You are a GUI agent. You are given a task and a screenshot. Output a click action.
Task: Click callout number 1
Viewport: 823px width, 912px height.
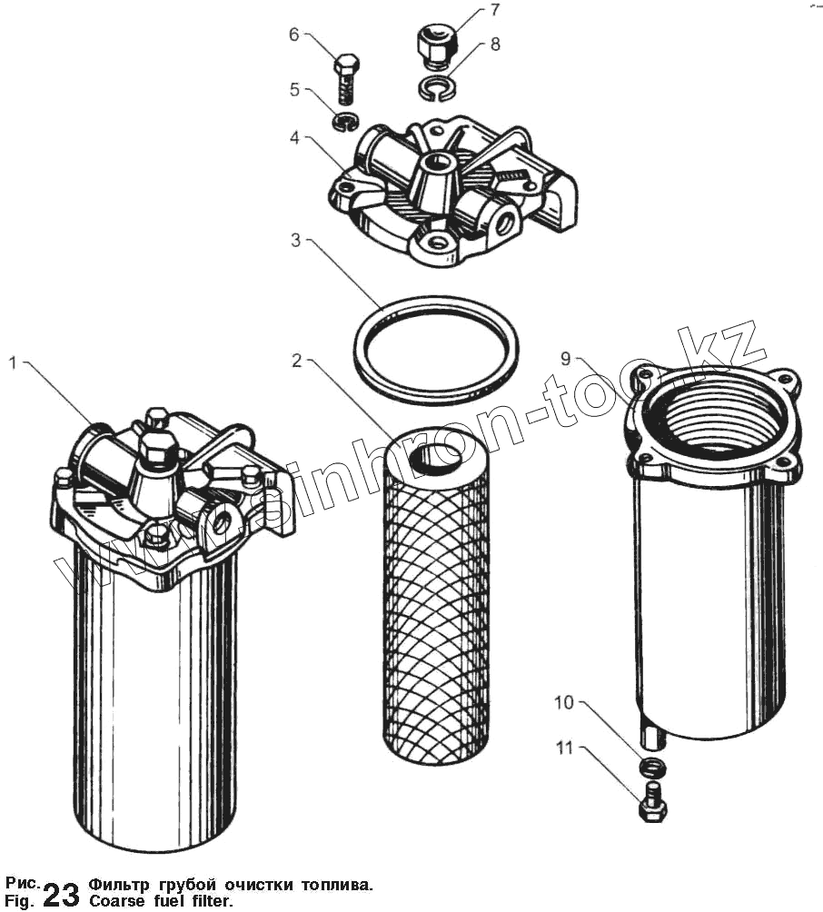14,363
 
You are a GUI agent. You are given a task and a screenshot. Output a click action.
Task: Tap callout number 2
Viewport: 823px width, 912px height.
296,361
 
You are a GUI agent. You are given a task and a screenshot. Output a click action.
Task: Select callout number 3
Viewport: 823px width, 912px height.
296,241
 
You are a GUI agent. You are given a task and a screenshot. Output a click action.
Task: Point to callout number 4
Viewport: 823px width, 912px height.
296,138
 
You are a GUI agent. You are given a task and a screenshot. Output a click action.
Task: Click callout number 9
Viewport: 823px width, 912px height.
565,359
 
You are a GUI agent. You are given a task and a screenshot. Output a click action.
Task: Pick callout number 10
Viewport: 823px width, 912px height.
564,702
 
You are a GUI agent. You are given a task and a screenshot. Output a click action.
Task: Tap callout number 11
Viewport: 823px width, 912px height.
564,749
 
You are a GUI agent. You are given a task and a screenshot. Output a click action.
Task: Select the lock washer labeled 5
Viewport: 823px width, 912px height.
346,121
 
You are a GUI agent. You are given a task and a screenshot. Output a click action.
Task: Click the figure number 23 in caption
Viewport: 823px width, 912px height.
61,894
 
